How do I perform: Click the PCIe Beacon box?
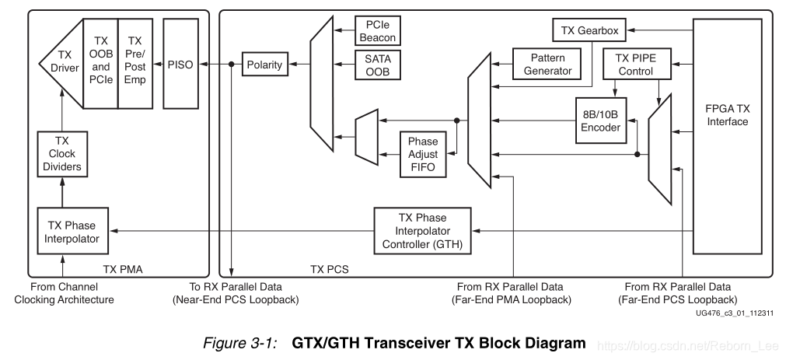[x=376, y=31]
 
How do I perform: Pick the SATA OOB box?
[x=376, y=65]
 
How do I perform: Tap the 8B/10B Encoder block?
[x=599, y=121]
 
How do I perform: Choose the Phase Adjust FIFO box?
[x=423, y=153]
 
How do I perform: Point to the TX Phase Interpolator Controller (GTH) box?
[x=422, y=231]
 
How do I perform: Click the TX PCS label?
[x=328, y=269]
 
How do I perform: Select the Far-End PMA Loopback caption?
[x=513, y=299]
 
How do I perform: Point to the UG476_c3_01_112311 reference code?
[x=734, y=313]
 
